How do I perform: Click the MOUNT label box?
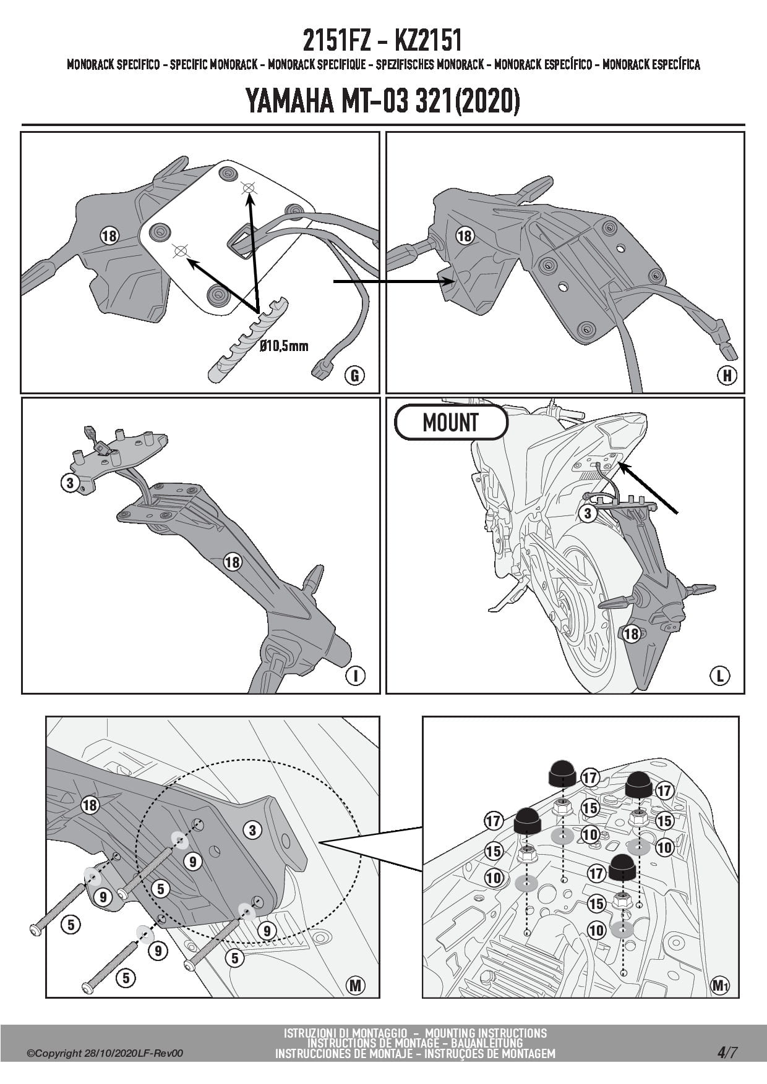[x=452, y=423]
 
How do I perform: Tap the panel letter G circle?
[x=354, y=375]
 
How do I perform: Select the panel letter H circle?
[x=727, y=375]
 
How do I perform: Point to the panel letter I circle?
[x=355, y=676]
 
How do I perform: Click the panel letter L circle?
[x=720, y=676]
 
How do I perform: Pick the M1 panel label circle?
[x=719, y=985]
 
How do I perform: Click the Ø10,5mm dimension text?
[x=284, y=346]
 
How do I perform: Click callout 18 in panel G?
[x=109, y=235]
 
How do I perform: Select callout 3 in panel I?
[x=69, y=483]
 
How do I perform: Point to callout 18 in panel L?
[x=631, y=633]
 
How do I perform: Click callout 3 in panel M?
[x=252, y=829]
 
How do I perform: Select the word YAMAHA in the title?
[x=290, y=101]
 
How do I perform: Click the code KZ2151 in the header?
[x=427, y=41]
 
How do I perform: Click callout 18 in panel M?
[x=90, y=805]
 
